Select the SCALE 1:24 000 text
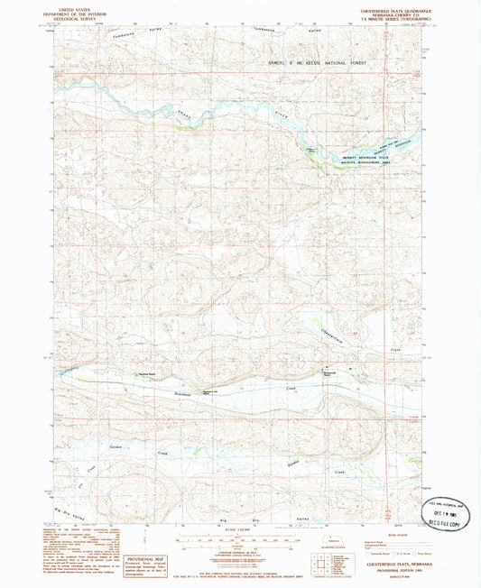pyautogui.click(x=240, y=528)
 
